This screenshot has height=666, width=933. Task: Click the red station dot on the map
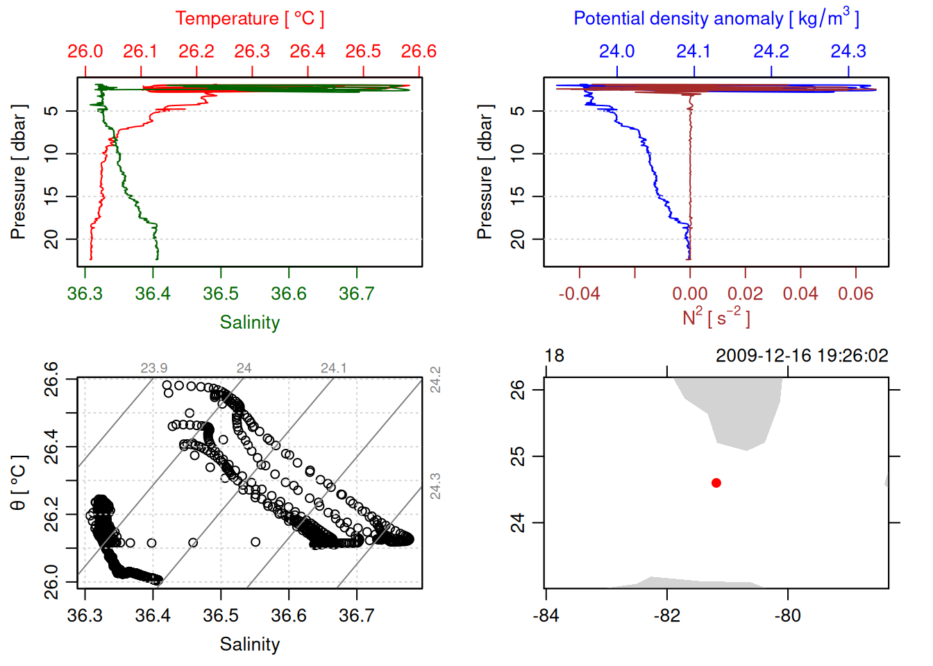(x=716, y=483)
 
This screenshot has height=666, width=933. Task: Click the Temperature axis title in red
(x=249, y=19)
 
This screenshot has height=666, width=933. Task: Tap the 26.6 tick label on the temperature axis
(x=419, y=51)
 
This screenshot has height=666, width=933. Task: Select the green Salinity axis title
(x=250, y=323)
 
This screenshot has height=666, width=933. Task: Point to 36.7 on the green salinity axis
(x=356, y=294)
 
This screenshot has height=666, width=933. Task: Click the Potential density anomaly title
(x=716, y=18)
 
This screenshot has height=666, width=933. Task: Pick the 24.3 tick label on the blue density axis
(x=848, y=51)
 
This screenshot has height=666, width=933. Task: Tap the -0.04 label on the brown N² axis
(x=580, y=294)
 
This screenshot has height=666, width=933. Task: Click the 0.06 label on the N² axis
(x=855, y=294)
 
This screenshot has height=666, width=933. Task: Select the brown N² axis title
(x=716, y=318)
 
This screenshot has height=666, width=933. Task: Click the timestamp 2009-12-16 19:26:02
(x=802, y=356)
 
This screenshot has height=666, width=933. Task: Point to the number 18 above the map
(x=555, y=356)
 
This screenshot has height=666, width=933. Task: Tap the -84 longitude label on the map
(x=546, y=615)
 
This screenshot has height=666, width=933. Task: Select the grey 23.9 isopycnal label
(x=153, y=368)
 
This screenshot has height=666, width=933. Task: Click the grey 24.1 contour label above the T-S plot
(x=333, y=368)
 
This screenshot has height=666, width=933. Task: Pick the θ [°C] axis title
(x=19, y=483)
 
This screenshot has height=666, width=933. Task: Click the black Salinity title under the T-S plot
(x=250, y=644)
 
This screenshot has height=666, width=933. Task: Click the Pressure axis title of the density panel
(x=485, y=172)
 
